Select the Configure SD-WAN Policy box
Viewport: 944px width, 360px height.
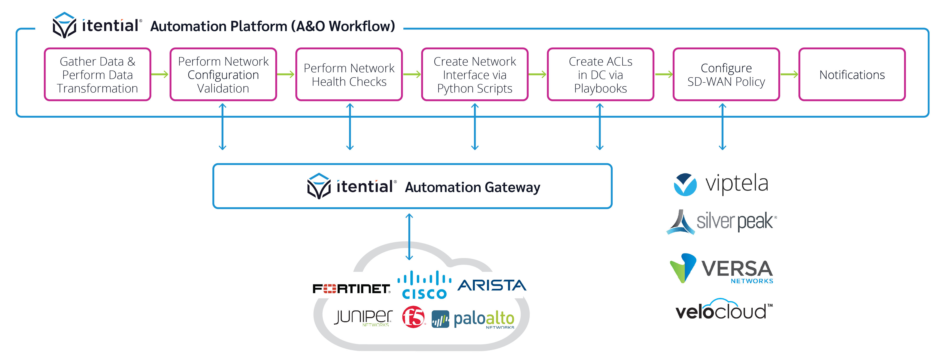click(726, 74)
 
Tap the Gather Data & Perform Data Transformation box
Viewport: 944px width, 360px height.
click(97, 74)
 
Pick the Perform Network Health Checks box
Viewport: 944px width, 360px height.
click(349, 74)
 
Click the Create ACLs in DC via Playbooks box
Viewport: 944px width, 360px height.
click(600, 74)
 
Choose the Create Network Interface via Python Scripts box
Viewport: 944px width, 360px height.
click(475, 74)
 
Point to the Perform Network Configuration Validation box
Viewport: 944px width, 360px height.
click(223, 74)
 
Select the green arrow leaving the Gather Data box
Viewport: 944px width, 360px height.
click(160, 74)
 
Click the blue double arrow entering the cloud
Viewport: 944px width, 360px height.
click(409, 237)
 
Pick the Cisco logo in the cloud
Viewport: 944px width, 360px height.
click(424, 285)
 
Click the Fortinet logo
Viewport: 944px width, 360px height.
click(351, 289)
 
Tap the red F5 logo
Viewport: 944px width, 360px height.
click(413, 317)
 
